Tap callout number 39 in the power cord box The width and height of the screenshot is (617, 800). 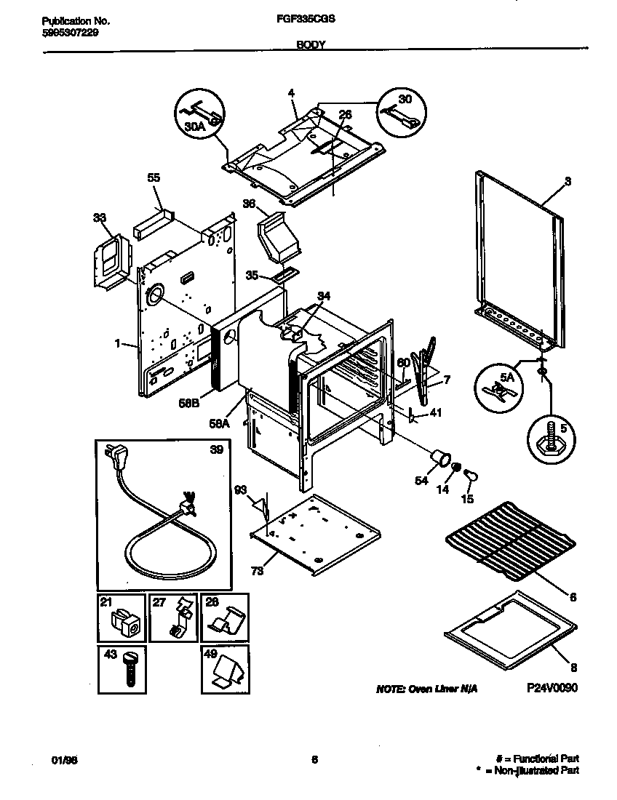(x=216, y=449)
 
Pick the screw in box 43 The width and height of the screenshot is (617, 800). (x=131, y=667)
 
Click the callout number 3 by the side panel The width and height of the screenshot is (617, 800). (x=568, y=181)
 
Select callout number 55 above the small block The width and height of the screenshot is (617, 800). (x=154, y=177)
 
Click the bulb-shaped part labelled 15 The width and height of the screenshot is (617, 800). (x=471, y=476)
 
